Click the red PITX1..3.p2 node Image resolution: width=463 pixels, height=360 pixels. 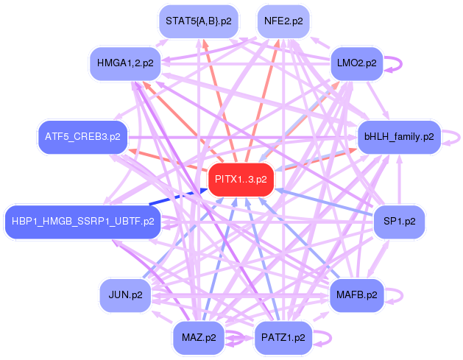241,180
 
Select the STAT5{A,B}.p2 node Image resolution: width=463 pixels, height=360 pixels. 199,21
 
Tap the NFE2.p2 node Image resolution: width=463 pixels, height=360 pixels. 283,21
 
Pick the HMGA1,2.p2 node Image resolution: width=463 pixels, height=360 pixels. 125,63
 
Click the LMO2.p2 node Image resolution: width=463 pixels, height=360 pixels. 357,63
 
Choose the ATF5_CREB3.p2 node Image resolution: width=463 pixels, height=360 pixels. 82,137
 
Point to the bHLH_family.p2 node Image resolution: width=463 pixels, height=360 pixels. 399,137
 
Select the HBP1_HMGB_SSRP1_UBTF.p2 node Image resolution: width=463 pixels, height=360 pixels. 82,222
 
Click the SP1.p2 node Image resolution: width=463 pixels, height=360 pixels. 399,222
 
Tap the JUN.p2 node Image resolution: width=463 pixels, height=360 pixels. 125,295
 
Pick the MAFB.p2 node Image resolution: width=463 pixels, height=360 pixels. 357,295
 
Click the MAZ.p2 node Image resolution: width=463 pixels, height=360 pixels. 199,338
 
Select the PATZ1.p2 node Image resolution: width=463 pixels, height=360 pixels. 283,338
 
